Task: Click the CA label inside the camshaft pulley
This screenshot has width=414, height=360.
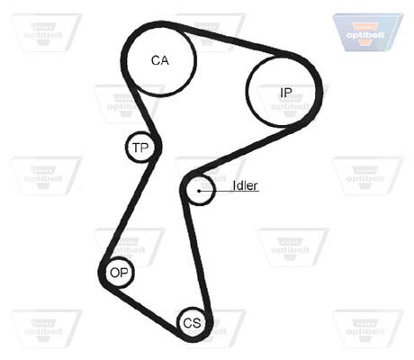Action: point(160,60)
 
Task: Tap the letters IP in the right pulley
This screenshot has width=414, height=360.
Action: point(285,93)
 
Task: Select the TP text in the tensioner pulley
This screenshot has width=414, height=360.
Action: point(140,148)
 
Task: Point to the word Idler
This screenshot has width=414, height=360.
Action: point(245,185)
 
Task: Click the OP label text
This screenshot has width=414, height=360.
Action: point(119,273)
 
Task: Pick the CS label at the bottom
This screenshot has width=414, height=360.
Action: point(192,323)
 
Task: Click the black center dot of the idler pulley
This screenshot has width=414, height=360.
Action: point(199,191)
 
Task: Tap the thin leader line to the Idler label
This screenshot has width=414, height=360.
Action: point(229,191)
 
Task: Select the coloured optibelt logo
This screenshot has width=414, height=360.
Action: point(367,32)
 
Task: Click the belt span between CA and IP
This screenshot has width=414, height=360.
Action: point(231,40)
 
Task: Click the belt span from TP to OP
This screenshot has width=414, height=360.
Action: point(129,210)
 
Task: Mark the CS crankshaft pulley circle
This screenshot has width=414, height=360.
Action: point(192,308)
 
